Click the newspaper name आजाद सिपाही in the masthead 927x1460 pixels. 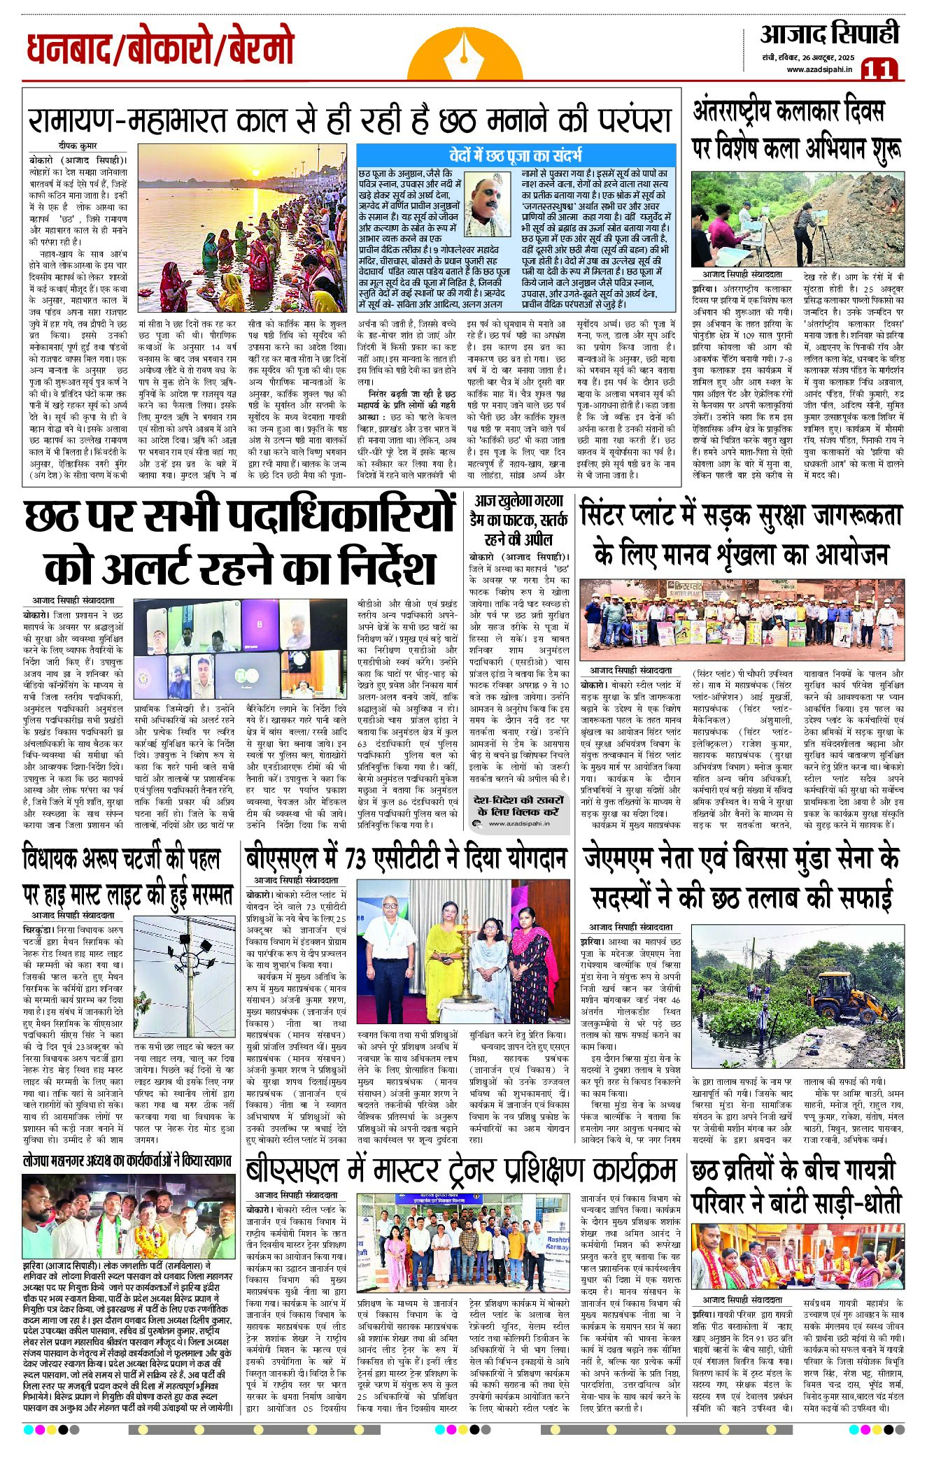pyautogui.click(x=829, y=34)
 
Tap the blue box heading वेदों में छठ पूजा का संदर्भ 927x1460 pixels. pyautogui.click(x=516, y=155)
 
